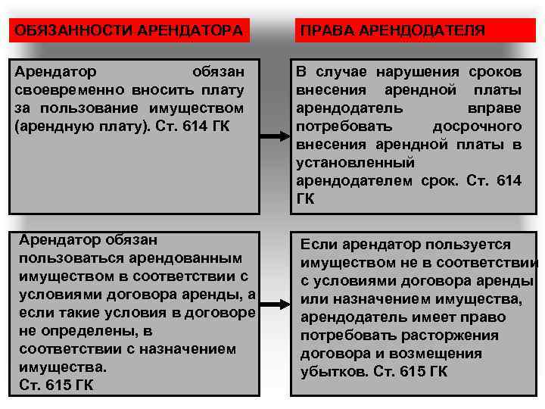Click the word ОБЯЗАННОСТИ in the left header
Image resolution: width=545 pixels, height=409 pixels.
click(x=64, y=31)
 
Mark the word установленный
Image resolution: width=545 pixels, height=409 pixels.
click(x=355, y=162)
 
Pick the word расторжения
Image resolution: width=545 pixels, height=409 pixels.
click(x=453, y=336)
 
